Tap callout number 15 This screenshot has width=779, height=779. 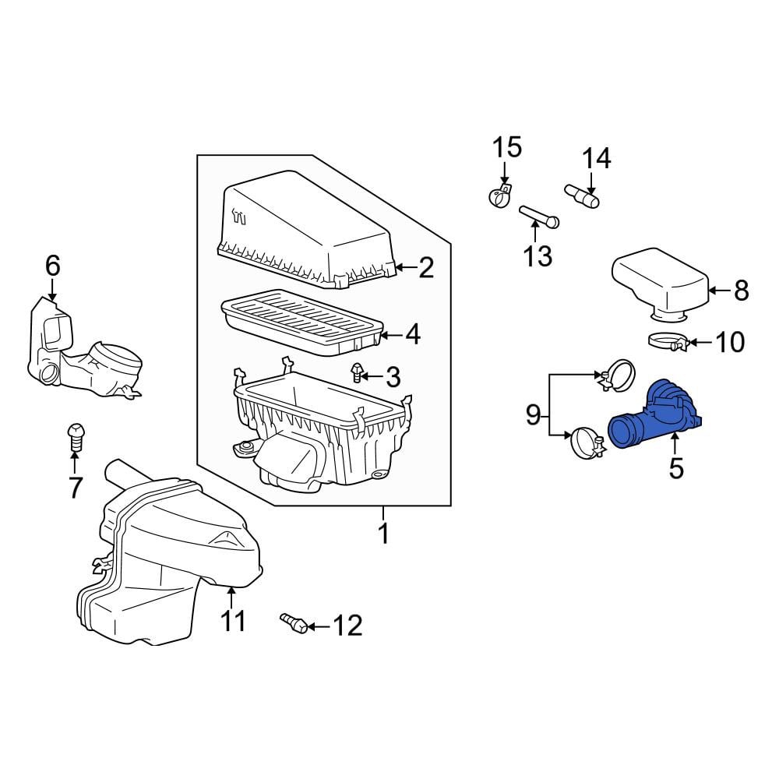tap(507, 147)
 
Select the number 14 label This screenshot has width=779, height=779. tap(596, 158)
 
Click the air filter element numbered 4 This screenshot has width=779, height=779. tap(301, 323)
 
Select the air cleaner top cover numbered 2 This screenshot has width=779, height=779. tap(307, 230)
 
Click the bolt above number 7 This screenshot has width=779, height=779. tap(75, 437)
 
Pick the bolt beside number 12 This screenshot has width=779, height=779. tap(294, 622)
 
